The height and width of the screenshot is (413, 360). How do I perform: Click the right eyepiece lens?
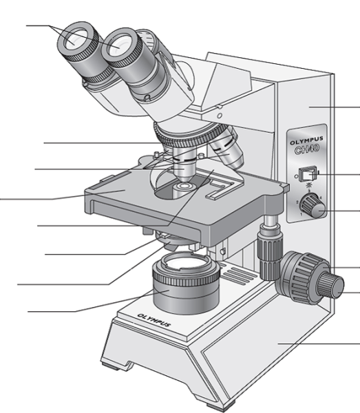coord(118,45)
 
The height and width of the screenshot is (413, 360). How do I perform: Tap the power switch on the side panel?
coord(309,174)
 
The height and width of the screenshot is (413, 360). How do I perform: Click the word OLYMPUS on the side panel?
coord(306,141)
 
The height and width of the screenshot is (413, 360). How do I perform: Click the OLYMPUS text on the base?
coord(154,320)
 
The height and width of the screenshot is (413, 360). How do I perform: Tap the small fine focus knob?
coord(330,286)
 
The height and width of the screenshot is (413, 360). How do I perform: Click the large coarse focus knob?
coord(303,278)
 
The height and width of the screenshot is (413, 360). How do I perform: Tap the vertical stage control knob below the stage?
coord(270,251)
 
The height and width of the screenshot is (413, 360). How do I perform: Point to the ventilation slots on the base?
coord(236,274)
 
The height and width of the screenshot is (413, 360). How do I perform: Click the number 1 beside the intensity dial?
coord(301,214)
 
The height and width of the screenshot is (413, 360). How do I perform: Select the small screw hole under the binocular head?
coord(220,116)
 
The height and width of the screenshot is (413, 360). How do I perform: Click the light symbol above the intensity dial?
coord(309,185)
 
